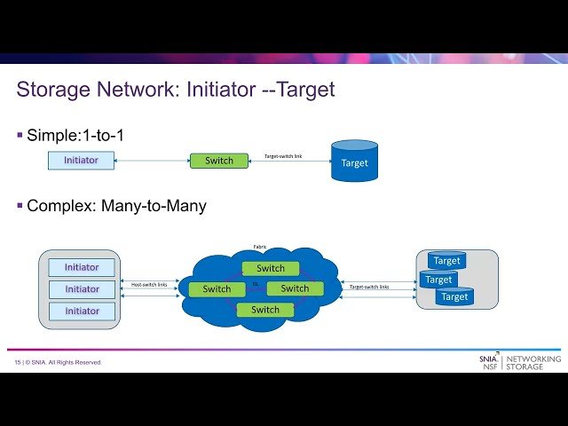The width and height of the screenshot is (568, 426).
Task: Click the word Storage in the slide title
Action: pos(57,90)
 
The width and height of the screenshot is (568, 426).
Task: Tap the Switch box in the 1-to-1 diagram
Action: pos(219,161)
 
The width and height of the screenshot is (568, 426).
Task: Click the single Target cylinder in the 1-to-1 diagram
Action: pos(354,162)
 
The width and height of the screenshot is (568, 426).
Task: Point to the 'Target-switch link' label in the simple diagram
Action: pos(289,156)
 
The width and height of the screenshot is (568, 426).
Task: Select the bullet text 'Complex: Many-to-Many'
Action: pos(116,206)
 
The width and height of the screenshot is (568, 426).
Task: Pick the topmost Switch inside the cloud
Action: pos(271,268)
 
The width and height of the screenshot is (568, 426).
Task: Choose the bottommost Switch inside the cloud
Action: pos(265,310)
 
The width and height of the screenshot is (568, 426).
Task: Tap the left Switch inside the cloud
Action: pos(217,289)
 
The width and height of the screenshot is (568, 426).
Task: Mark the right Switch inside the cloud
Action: pos(295,288)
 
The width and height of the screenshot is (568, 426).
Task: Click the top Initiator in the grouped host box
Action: pos(82,267)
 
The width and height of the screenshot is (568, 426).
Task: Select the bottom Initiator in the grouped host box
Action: pos(82,311)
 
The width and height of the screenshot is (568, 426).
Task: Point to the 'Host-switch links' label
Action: pos(149,285)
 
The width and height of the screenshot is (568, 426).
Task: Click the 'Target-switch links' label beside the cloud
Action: pos(369,287)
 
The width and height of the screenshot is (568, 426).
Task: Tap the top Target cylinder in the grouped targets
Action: pos(446,261)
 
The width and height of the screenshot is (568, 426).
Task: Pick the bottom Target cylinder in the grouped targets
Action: pos(454,297)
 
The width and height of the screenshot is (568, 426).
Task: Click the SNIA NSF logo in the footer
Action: pos(488,362)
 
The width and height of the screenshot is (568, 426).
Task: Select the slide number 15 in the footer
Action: pos(17,363)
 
